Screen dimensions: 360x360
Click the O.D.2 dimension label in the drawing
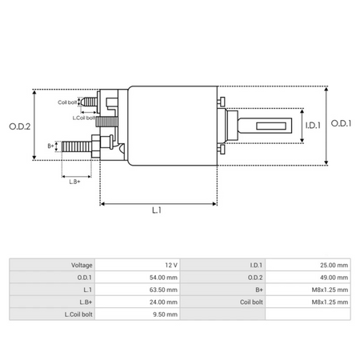pos(19,125)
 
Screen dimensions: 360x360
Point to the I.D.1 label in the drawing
pos(313,125)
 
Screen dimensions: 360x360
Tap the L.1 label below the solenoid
pos(158,211)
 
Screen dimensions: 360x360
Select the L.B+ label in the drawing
pos(75,182)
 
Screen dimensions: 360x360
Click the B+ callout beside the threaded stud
pos(51,146)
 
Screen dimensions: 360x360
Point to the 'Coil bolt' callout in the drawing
pos(68,102)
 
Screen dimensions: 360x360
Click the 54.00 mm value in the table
pos(162,277)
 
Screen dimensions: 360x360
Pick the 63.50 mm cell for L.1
pos(162,290)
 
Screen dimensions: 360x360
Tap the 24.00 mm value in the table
pos(162,302)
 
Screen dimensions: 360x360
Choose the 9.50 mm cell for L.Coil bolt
pos(163,314)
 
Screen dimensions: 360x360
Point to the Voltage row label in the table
pos(82,265)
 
